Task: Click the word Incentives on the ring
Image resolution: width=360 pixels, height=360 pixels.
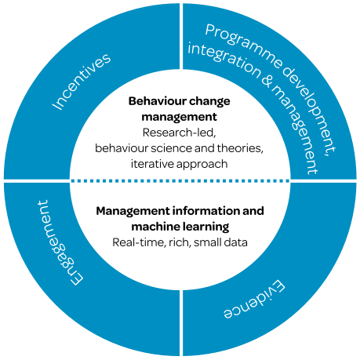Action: [x=82, y=82]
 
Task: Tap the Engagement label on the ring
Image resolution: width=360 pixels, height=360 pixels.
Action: [x=60, y=242]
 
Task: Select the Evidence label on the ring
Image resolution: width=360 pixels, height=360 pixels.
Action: [x=254, y=300]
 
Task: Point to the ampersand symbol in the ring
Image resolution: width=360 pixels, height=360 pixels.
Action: [x=267, y=80]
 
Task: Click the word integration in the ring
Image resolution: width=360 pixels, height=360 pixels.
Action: [x=224, y=60]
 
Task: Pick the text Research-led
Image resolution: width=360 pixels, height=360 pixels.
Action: [x=179, y=133]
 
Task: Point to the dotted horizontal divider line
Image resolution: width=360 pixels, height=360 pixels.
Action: [x=180, y=180]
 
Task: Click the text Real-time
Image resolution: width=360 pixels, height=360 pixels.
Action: [x=139, y=242]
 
